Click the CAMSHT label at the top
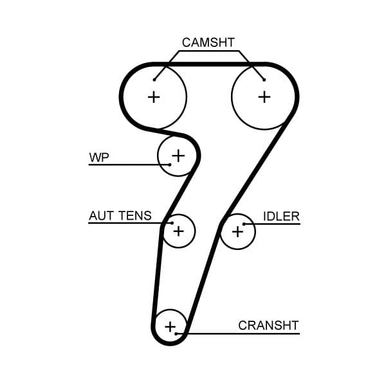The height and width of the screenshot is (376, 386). click(209, 42)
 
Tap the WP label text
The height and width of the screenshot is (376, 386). click(98, 157)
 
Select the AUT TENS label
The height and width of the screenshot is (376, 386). click(120, 216)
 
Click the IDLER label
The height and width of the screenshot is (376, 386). click(281, 216)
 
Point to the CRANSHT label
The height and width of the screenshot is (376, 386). click(268, 325)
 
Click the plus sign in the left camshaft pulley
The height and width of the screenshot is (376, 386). click(153, 97)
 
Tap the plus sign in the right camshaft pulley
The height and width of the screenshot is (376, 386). click(264, 97)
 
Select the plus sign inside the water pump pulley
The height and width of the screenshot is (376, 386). click(178, 155)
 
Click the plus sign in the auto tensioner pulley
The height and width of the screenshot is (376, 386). click(178, 230)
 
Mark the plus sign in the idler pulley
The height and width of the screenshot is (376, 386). click(238, 231)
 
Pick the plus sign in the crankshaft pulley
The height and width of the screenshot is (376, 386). click(170, 327)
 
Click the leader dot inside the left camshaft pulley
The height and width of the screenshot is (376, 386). click(155, 80)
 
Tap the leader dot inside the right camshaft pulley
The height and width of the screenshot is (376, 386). click(264, 80)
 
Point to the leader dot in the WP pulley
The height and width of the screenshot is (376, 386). click(169, 165)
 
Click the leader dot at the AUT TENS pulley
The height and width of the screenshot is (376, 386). click(172, 223)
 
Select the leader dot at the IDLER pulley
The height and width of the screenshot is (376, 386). click(244, 224)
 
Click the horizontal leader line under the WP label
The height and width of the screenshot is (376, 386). click(129, 165)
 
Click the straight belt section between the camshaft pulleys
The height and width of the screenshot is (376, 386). click(209, 64)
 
